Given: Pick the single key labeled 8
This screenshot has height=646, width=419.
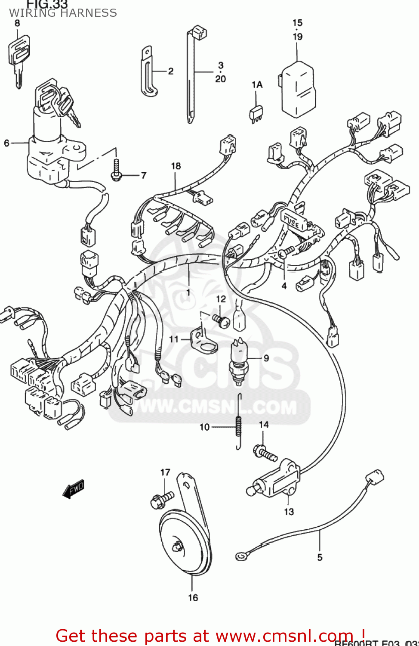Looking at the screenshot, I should (x=18, y=58).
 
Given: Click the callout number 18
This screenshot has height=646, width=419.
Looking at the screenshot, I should (x=176, y=166).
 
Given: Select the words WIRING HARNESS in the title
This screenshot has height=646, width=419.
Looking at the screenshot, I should (x=63, y=13).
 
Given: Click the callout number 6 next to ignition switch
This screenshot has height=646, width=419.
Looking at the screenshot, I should (x=6, y=143).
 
